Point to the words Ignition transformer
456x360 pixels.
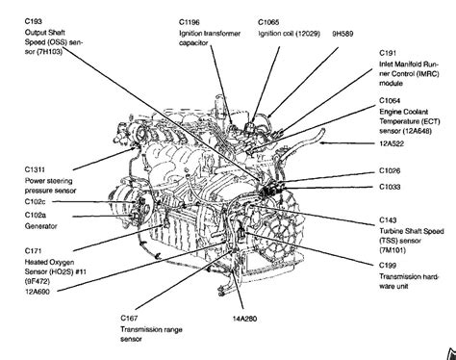[212, 33]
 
